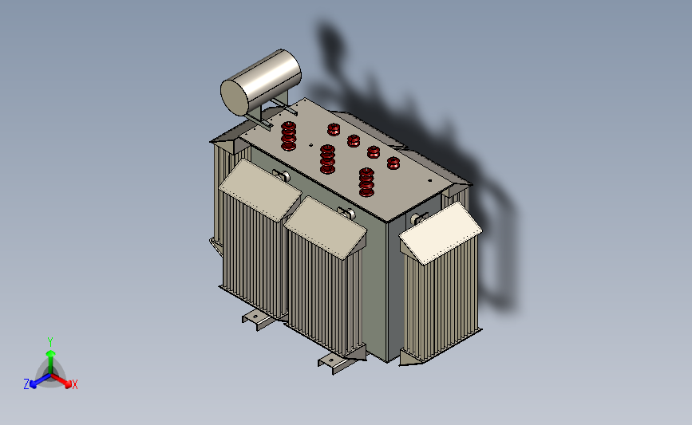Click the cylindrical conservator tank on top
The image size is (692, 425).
(261, 82)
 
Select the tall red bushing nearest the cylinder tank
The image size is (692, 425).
(289, 136)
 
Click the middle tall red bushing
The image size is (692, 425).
(327, 159)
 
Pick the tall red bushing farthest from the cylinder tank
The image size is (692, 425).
(366, 182)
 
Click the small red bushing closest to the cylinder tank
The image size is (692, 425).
(334, 129)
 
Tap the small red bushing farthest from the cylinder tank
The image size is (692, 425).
(393, 163)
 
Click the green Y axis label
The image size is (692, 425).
(50, 342)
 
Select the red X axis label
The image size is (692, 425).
(74, 384)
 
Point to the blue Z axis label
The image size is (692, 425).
(26, 384)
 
